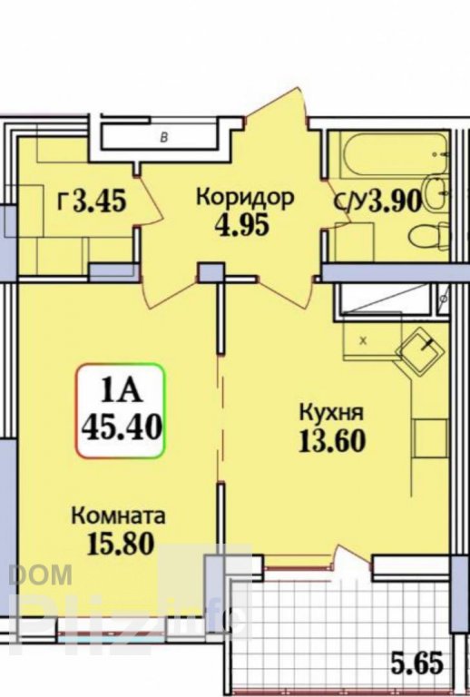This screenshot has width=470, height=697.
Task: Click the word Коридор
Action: pos(245,197)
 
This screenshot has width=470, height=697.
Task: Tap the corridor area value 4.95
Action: pos(242,225)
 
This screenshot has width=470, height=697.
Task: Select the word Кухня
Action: pos(332,412)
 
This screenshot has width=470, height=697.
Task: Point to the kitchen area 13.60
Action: pos(332,440)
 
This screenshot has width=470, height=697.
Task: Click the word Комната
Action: pos(118,515)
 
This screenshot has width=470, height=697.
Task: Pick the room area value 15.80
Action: pos(121,544)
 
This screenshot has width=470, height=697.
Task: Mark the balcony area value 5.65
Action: pos(417,663)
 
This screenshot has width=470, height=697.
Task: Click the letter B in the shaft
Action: pos(164,138)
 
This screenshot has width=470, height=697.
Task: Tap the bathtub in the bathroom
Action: pos(394,153)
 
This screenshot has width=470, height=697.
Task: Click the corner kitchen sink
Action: pos(420,352)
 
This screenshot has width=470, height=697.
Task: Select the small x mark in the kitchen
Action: pos(363,341)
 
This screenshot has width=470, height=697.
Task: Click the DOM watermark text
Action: pos(40,574)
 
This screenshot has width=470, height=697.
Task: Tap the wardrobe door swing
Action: pos(149,201)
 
